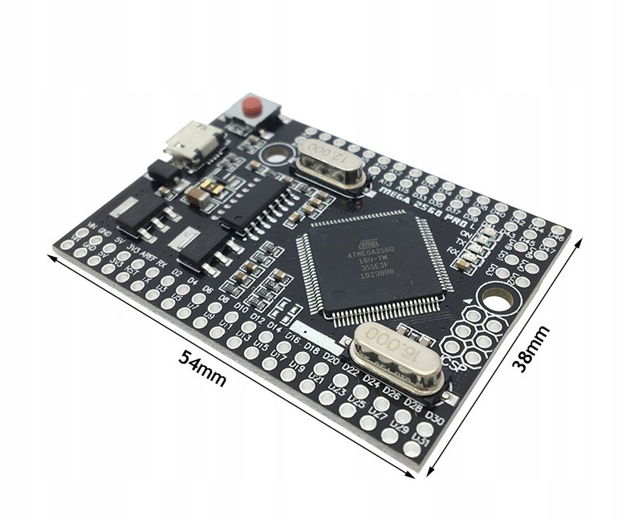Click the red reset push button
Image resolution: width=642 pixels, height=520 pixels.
[x=253, y=105]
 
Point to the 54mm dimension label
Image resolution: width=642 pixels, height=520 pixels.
[x=201, y=368]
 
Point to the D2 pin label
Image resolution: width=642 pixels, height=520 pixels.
[x=176, y=273]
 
